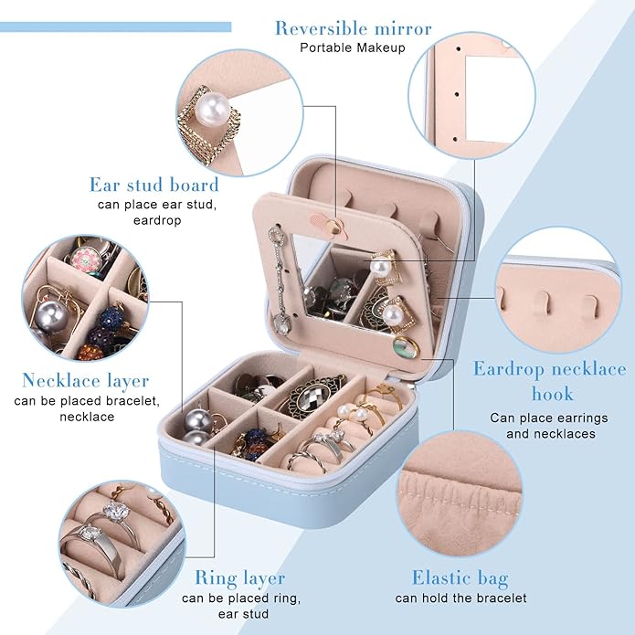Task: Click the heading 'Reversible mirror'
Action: click(354, 28)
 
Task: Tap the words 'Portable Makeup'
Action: click(353, 48)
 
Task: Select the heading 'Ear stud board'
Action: click(153, 185)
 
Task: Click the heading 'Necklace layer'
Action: click(86, 381)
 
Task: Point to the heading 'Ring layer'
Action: click(240, 578)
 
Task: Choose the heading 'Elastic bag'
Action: click(460, 578)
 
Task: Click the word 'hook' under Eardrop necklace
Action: click(553, 394)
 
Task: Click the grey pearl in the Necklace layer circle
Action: click(51, 316)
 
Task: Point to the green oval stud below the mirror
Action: click(407, 347)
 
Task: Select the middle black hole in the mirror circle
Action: click(457, 94)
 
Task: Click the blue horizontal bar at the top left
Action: click(115, 27)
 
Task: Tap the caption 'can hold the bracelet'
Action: click(460, 598)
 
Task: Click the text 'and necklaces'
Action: click(551, 434)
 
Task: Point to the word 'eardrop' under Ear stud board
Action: click(157, 221)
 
